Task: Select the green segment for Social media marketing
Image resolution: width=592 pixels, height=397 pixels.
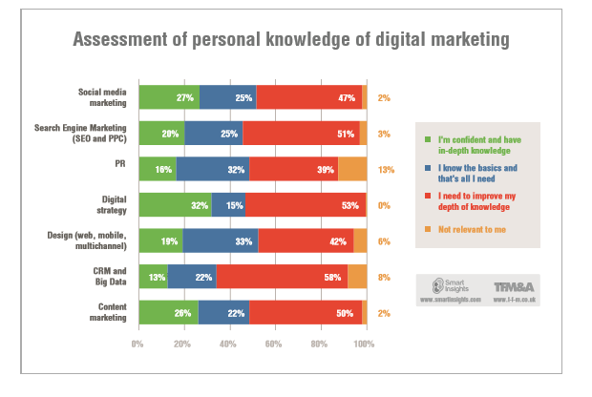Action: coord(168,96)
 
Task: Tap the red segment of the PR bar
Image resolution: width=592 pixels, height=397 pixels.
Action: coord(293,169)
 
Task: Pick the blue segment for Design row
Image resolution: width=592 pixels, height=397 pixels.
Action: coord(221,240)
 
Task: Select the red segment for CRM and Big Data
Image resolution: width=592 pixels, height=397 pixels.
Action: coord(282,277)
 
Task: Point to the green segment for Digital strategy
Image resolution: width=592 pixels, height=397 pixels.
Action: coord(175,204)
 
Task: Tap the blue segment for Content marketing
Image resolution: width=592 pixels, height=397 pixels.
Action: coord(223,312)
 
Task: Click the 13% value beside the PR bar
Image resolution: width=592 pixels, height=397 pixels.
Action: coord(386,169)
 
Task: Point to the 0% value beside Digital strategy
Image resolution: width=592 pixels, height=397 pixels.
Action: coord(385,204)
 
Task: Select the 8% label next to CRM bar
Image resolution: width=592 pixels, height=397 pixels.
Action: coord(385,277)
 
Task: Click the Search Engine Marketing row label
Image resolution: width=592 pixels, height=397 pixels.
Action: coord(93,133)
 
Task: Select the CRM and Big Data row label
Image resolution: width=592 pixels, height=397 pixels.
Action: coord(105,277)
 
